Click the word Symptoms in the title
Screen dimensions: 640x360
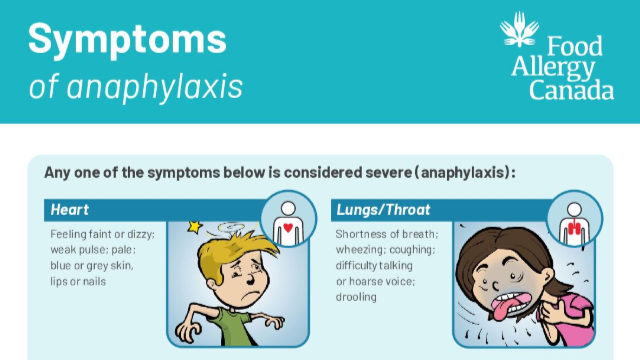tap(127, 40)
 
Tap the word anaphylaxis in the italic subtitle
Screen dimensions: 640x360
tap(155, 87)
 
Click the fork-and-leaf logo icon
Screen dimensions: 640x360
tap(519, 29)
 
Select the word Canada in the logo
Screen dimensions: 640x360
tap(571, 90)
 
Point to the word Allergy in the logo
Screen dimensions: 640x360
tap(553, 68)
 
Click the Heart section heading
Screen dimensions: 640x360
tap(69, 210)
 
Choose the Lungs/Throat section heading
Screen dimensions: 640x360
tap(383, 210)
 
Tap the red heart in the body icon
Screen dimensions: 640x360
tap(288, 228)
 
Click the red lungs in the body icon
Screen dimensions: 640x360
tap(574, 228)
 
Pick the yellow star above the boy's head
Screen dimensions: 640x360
tap(195, 227)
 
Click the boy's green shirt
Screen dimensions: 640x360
tap(231, 327)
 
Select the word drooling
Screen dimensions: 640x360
tap(356, 297)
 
